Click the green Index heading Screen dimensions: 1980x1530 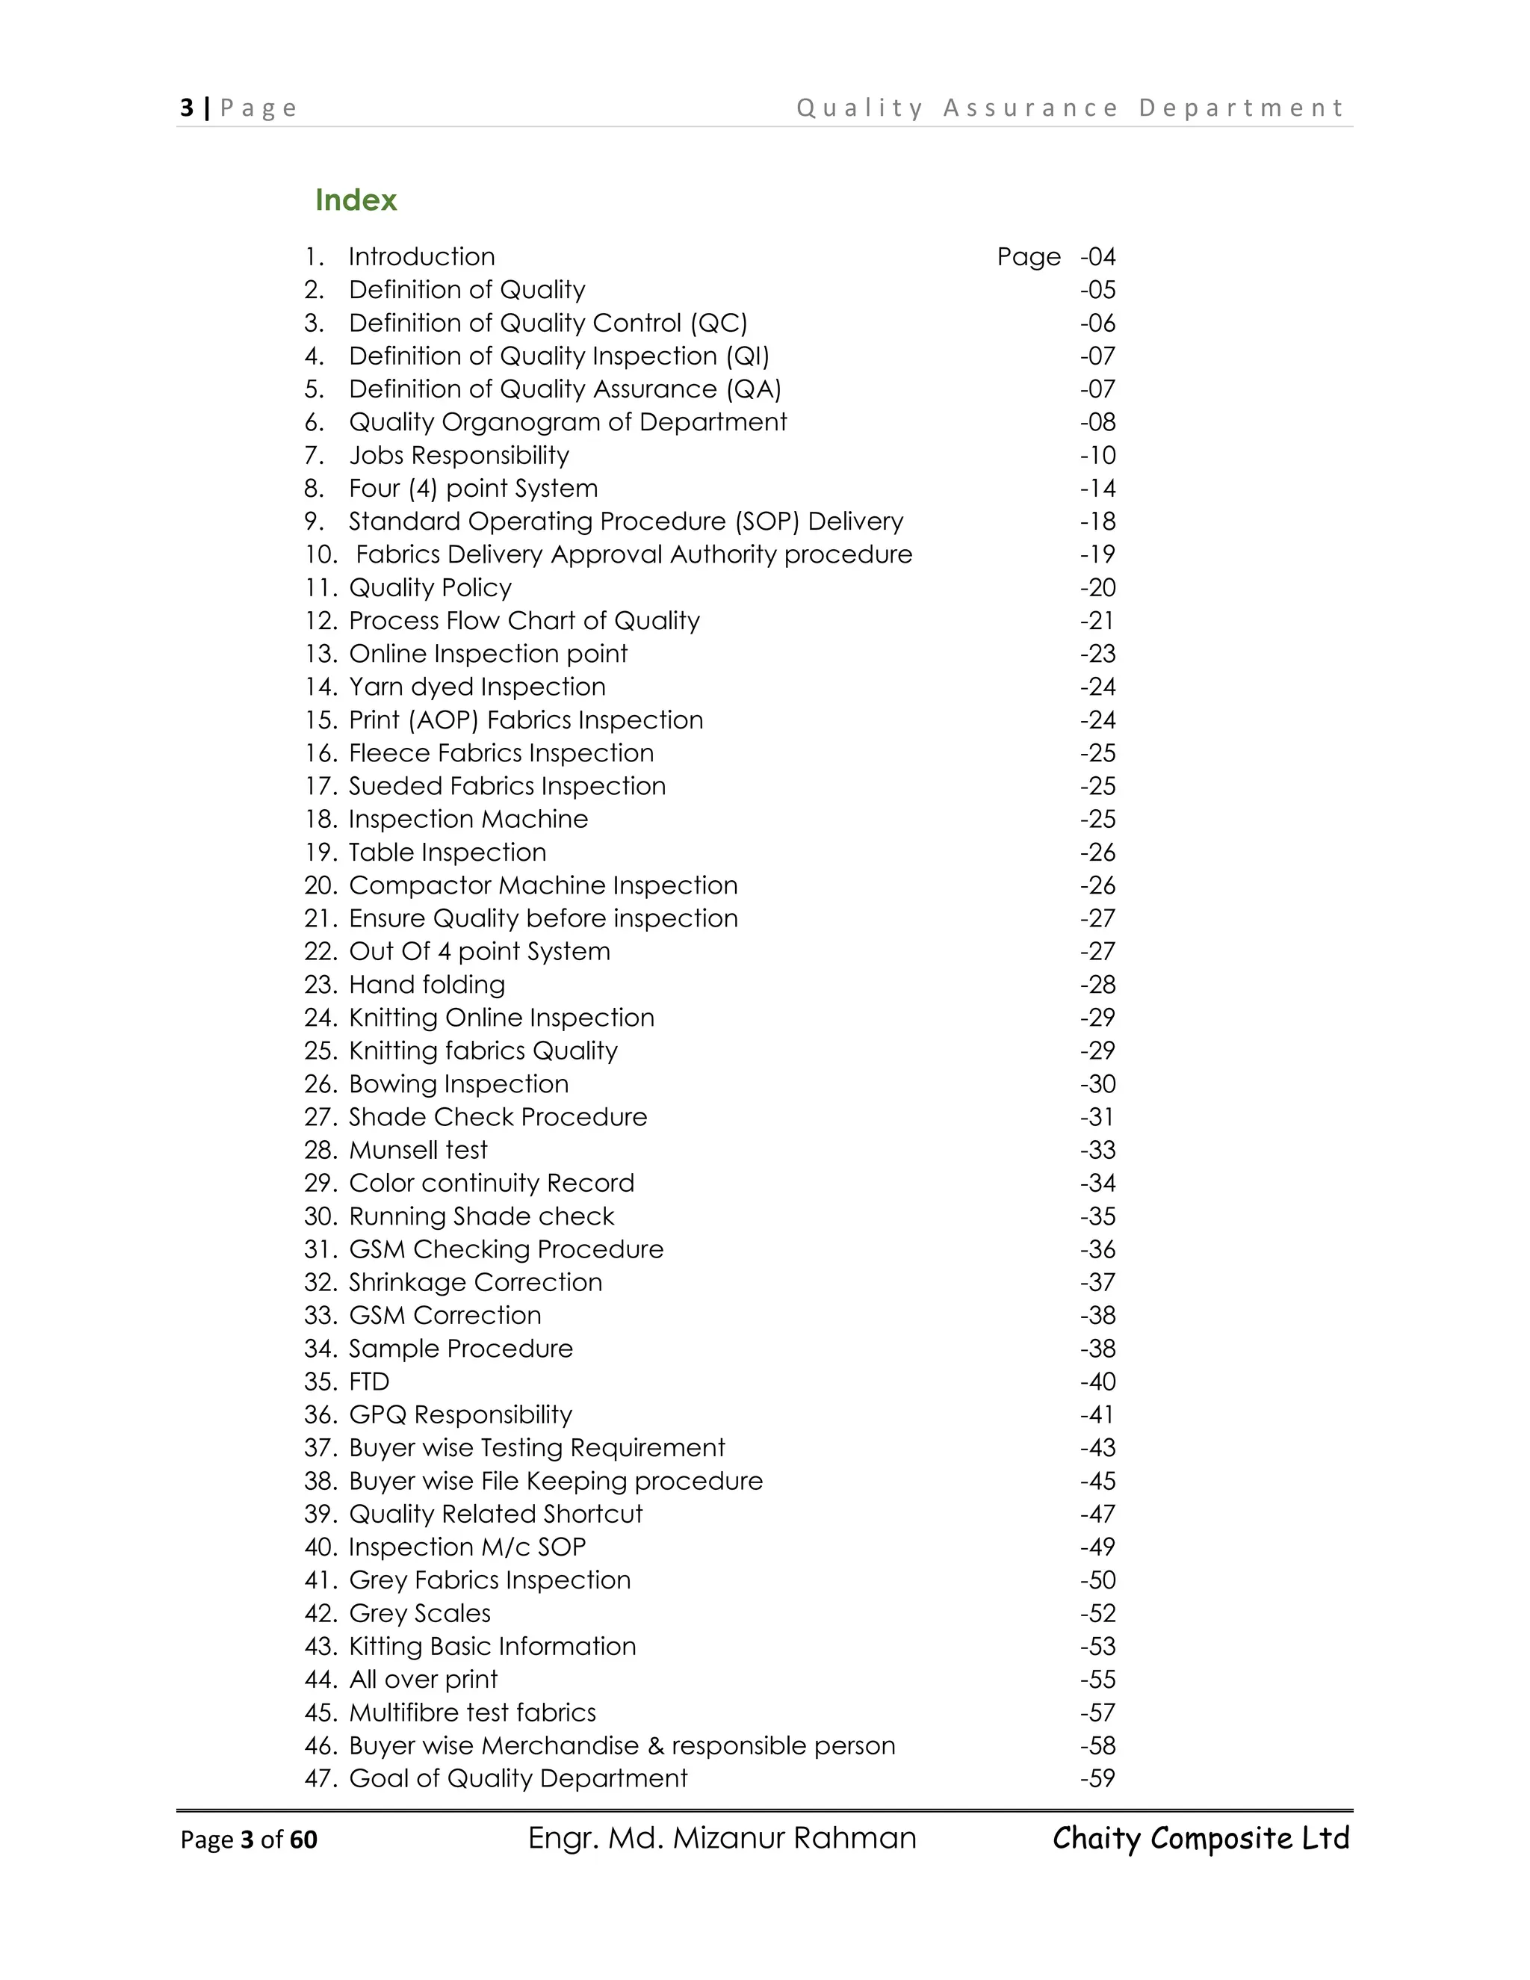tap(356, 200)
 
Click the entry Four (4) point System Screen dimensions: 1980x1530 tap(473, 489)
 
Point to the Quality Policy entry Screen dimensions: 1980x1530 tap(430, 587)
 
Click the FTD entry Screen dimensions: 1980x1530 tap(369, 1382)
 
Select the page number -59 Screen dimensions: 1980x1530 tap(1097, 1779)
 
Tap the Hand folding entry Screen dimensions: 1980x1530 tap(427, 985)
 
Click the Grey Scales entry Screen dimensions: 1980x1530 tap(420, 1614)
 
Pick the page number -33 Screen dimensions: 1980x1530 tap(1097, 1151)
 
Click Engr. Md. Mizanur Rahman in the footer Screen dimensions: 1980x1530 tap(722, 1838)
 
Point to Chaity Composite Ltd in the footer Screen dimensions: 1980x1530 tap(1201, 1838)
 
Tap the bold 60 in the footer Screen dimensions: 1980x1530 tap(303, 1840)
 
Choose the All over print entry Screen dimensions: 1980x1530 tap(424, 1680)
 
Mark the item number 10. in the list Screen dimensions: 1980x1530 tap(320, 555)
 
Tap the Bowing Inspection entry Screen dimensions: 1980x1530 tap(459, 1084)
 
